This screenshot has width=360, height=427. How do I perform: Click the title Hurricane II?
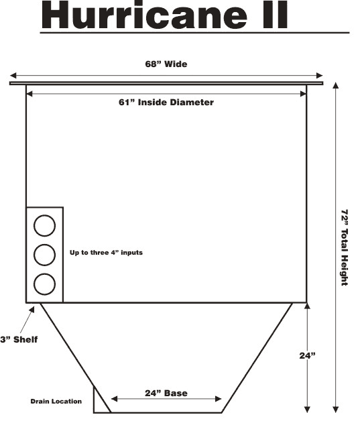pyautogui.click(x=164, y=15)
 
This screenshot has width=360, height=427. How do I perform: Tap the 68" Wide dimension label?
pyautogui.click(x=166, y=64)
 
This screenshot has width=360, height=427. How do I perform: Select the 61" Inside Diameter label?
pyautogui.click(x=166, y=103)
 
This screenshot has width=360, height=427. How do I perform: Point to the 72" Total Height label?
pyautogui.click(x=345, y=247)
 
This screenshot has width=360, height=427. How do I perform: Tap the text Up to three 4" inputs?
pyautogui.click(x=106, y=253)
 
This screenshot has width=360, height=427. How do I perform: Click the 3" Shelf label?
pyautogui.click(x=19, y=340)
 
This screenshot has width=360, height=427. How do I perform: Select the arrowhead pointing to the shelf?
pyautogui.click(x=32, y=310)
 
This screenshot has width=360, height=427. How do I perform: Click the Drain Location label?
pyautogui.click(x=56, y=402)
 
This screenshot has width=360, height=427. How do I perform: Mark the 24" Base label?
pyautogui.click(x=166, y=393)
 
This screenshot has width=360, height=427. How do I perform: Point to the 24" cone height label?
pyautogui.click(x=307, y=356)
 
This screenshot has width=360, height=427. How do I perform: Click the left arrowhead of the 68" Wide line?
pyautogui.click(x=13, y=76)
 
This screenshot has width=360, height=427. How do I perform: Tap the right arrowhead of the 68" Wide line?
pyautogui.click(x=319, y=76)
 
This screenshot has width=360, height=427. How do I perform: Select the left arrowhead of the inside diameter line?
pyautogui.click(x=29, y=94)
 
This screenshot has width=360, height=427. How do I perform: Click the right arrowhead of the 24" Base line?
pyautogui.click(x=218, y=399)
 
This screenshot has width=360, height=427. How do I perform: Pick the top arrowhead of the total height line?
pyautogui.click(x=336, y=85)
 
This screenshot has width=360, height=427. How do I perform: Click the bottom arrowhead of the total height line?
pyautogui.click(x=336, y=410)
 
